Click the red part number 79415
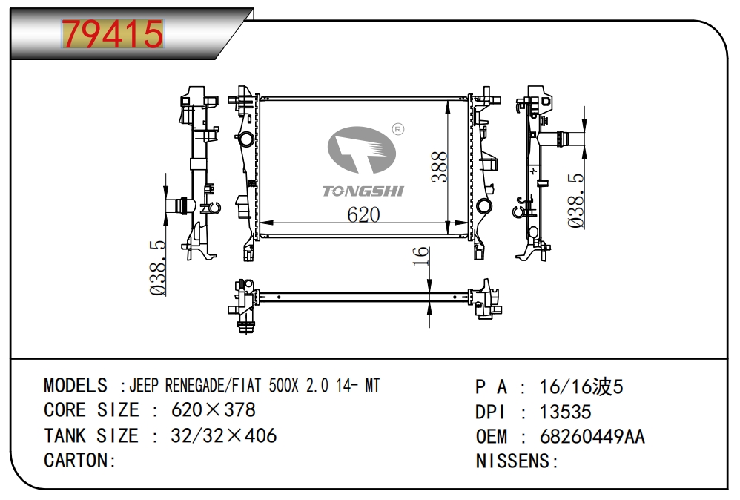(x=112, y=34)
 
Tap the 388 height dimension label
(x=438, y=168)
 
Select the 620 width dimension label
(x=363, y=214)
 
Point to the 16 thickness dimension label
(x=420, y=257)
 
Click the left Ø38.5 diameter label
(x=158, y=268)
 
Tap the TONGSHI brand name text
(x=363, y=191)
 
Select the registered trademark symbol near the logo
(x=397, y=130)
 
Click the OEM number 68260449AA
(x=592, y=436)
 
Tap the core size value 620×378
(x=213, y=409)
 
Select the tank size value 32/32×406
(x=223, y=435)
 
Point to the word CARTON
(x=76, y=460)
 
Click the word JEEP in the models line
(x=145, y=385)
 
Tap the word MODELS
(x=76, y=385)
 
